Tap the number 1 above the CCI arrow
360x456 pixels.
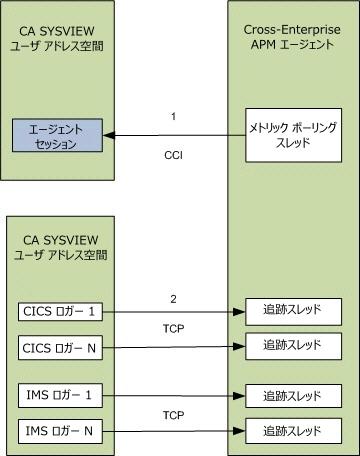[x=173, y=117]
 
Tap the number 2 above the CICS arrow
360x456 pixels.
[x=173, y=296]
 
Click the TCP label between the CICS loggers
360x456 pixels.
[x=173, y=328]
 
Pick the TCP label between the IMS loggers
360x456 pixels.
[x=173, y=414]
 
